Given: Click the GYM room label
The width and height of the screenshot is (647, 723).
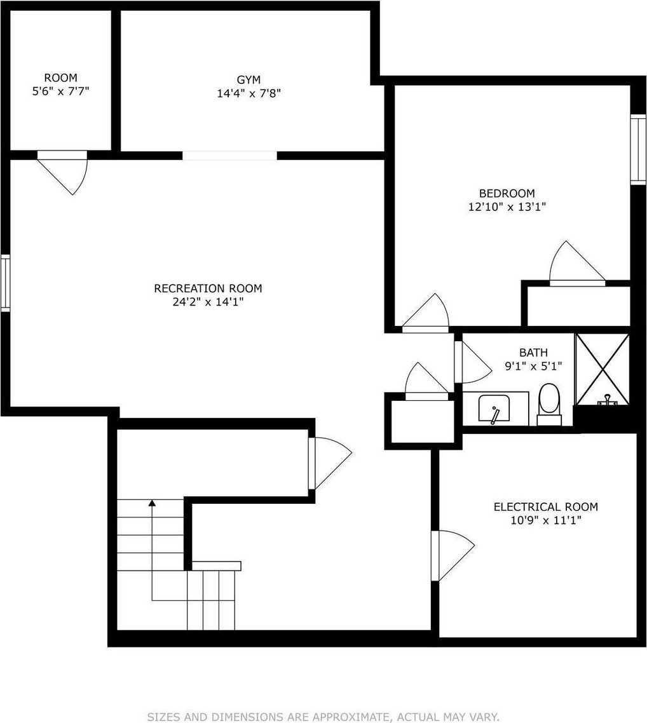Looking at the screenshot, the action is coord(249,80).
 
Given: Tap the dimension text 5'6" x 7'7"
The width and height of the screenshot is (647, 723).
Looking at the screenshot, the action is coord(60,91).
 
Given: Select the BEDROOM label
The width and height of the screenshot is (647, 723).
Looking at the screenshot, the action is coord(507,193).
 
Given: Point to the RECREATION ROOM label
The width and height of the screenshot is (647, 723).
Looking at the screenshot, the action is coord(208,288).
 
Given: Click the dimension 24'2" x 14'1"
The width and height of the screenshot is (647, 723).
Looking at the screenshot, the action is coord(208,302).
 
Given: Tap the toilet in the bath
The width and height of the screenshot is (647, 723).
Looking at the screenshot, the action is coord(548,404).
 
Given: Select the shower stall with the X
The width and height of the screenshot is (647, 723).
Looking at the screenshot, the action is coord(603,369).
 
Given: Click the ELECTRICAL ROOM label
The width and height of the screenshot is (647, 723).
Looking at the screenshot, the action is coord(546,507).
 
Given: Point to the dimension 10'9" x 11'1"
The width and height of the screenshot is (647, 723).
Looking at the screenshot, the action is coord(546,520).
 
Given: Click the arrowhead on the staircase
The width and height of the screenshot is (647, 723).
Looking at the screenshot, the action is coord(152,503).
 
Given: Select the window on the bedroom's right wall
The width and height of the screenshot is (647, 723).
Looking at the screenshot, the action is coord(638,149).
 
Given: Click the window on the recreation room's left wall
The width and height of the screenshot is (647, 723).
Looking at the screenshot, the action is coord(5,283).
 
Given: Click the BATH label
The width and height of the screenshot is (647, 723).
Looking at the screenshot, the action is coord(534,353).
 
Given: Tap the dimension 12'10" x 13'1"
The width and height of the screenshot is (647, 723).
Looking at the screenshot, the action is coord(507,207).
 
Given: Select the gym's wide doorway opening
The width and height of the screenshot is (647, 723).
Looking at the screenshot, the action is coord(229,156).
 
